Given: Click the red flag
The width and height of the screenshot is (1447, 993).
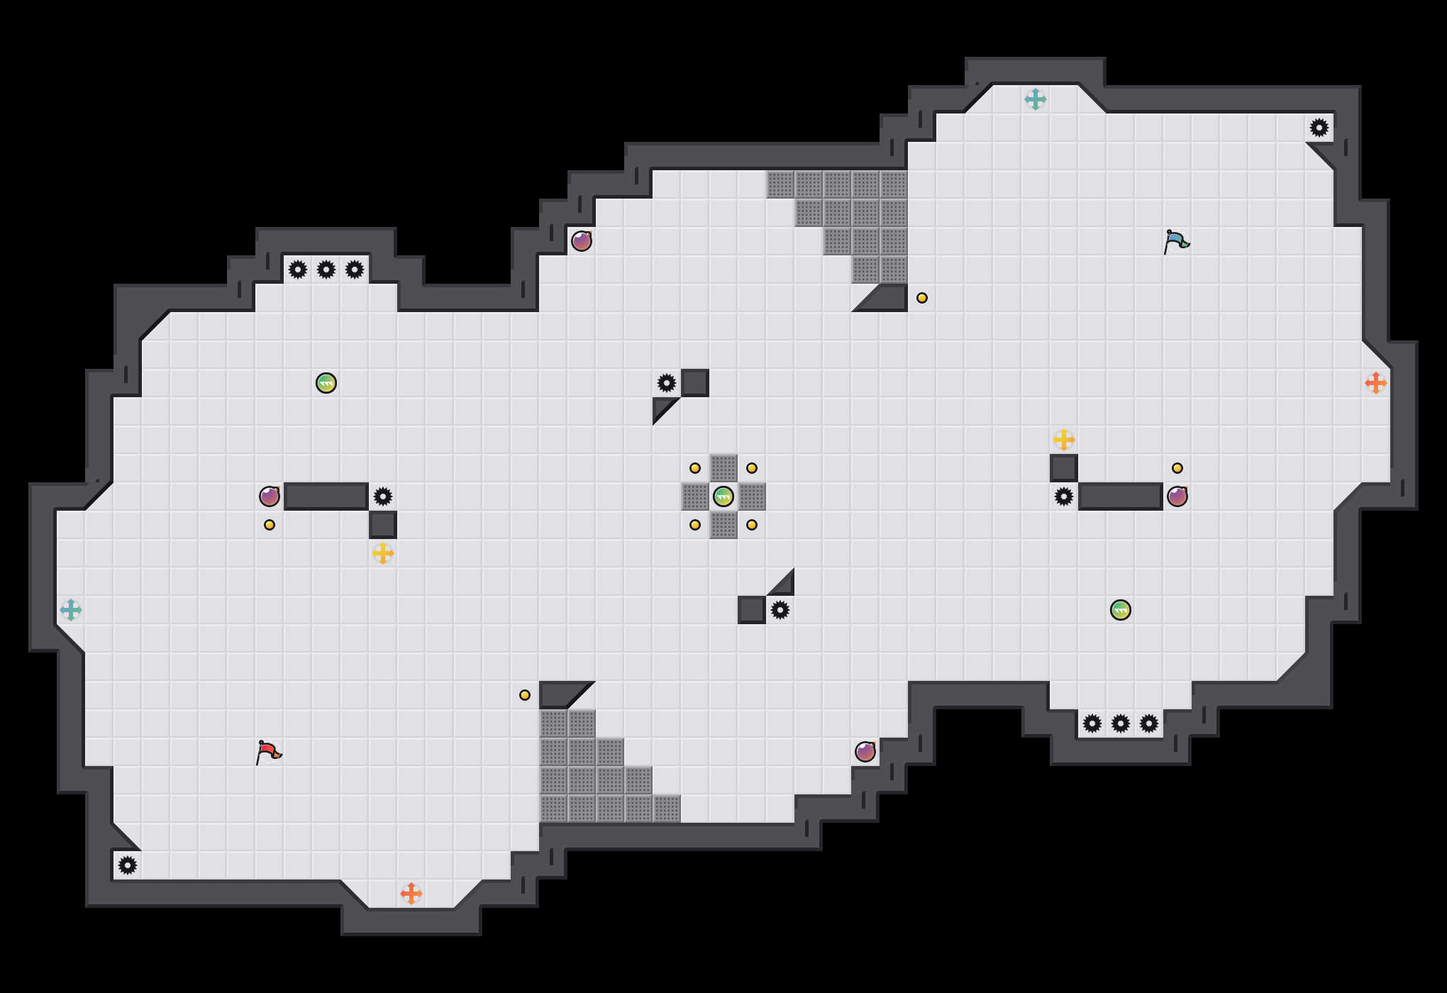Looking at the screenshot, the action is [268, 752].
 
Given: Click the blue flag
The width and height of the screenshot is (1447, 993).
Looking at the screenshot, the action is [1176, 241].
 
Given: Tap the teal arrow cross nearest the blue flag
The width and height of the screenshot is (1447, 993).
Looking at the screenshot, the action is [1036, 99].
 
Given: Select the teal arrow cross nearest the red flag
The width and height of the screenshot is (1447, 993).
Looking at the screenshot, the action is [71, 610].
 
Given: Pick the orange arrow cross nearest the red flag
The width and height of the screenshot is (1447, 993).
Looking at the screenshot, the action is [411, 894].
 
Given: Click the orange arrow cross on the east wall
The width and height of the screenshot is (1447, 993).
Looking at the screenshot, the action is [1376, 383].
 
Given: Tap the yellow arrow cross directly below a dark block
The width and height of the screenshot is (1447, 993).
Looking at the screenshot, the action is [383, 553].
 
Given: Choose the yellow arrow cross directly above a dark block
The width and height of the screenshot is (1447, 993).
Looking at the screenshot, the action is [1064, 440].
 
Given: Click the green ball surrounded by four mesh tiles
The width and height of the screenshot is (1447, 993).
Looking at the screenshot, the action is [723, 496].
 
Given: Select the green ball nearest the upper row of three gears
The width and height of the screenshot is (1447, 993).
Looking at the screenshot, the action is [326, 383].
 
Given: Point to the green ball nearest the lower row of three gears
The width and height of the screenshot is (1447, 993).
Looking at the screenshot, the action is [1121, 610].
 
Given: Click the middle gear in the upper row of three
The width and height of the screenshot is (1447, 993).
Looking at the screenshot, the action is [326, 270].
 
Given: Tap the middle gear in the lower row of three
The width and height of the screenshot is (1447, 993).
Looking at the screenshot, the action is [1121, 723].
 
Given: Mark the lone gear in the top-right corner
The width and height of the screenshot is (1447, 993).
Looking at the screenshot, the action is [1319, 128].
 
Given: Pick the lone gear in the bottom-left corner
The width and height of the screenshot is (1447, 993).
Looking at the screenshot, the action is [128, 865].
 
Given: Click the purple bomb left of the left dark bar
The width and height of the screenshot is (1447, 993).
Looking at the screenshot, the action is [270, 496].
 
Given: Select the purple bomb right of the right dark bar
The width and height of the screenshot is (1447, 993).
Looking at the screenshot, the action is [1177, 496].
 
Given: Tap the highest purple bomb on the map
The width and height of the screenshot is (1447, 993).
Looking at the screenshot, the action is [582, 241].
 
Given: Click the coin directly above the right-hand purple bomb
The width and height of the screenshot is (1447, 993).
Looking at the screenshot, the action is [1177, 468].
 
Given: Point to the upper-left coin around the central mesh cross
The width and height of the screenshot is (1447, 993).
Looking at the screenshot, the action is [695, 468].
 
